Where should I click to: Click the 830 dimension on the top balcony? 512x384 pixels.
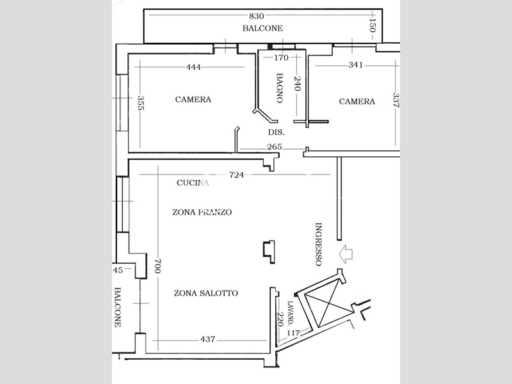257,15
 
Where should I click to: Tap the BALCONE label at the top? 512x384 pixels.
262,28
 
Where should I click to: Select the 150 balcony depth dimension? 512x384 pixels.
372,25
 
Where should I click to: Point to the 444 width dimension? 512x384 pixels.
193,67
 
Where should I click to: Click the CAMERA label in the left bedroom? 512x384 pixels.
193,99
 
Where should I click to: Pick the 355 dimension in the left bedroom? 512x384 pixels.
141,102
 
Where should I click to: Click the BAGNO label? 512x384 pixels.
280,88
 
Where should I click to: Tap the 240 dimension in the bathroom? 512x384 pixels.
298,84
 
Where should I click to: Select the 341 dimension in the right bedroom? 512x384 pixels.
356,65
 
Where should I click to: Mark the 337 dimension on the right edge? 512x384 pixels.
396,100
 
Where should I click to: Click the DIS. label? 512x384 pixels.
276,132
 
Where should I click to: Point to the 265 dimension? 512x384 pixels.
275,147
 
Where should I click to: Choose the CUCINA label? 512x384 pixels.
193,183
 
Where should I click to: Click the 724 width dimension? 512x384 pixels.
236,175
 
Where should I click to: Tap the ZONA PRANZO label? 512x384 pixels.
202,212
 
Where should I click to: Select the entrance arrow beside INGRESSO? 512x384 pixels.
346,254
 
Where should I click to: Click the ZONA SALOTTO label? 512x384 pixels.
205,293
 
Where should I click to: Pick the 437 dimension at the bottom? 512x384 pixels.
207,340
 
